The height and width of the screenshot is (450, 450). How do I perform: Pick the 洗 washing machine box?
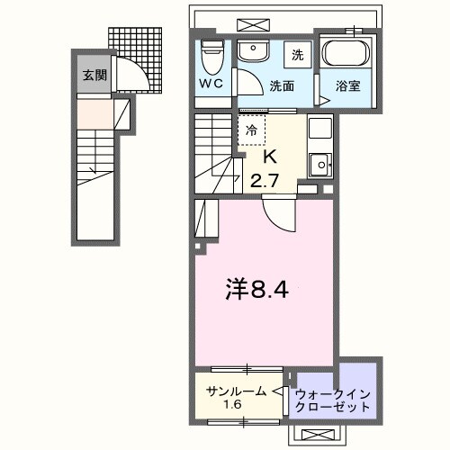tap(297, 54)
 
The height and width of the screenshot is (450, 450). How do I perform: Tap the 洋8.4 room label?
tap(256, 290)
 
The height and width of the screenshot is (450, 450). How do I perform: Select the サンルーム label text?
tap(236, 391)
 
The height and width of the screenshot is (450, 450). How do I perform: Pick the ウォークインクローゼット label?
tap(333, 400)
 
